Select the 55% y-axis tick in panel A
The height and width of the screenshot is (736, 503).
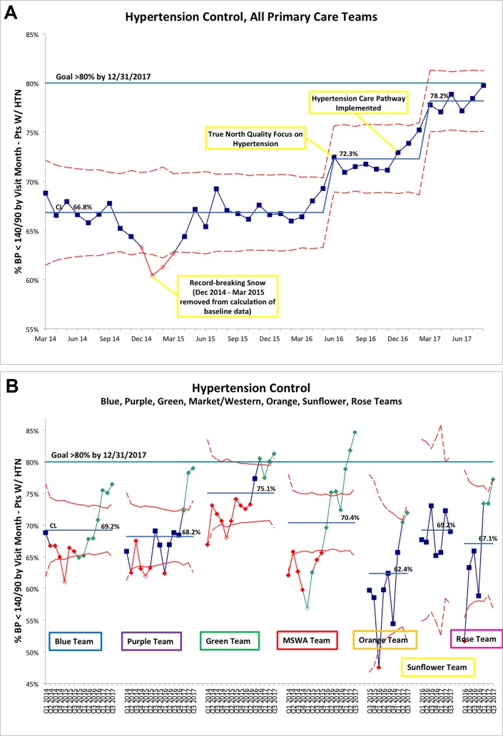coord(31,328)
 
